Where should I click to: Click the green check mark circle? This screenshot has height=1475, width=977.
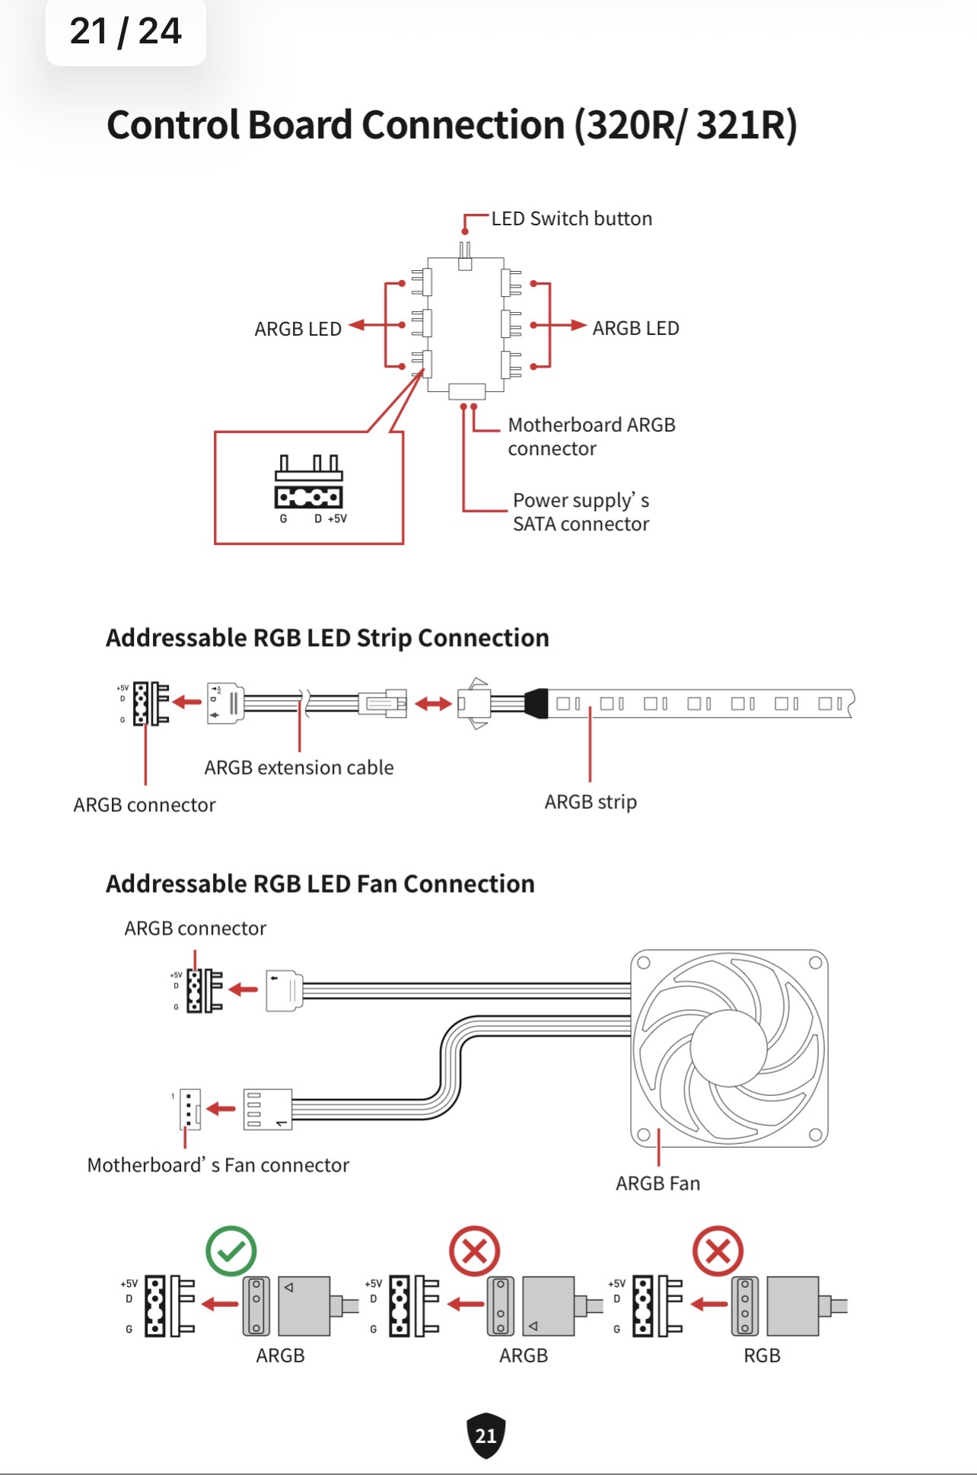(231, 1250)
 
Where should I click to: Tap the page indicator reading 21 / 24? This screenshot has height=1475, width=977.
(126, 31)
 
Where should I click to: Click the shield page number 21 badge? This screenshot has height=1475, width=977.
(485, 1435)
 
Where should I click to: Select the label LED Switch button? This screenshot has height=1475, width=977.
(571, 219)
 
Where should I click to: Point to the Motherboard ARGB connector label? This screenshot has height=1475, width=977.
(591, 436)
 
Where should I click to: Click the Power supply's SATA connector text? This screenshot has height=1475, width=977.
(581, 511)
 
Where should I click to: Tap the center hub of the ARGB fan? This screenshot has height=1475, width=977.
(730, 1047)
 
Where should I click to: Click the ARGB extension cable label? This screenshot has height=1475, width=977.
(299, 767)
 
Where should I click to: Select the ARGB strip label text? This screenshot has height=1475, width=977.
(590, 802)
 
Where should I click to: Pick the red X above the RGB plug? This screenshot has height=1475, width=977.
(718, 1250)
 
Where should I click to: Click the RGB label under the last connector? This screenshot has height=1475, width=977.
(762, 1356)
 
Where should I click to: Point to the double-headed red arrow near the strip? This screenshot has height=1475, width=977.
(433, 704)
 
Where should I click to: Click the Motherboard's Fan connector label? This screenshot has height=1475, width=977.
(218, 1165)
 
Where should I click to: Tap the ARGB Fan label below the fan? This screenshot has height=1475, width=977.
(657, 1184)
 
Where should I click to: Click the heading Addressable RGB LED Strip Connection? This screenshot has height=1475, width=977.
(327, 638)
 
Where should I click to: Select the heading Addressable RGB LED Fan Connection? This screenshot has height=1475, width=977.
(320, 884)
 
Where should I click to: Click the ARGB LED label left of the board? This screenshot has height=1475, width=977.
(298, 329)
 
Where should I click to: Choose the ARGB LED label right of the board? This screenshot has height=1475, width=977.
(635, 328)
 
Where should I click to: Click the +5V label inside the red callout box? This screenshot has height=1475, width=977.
(337, 519)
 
